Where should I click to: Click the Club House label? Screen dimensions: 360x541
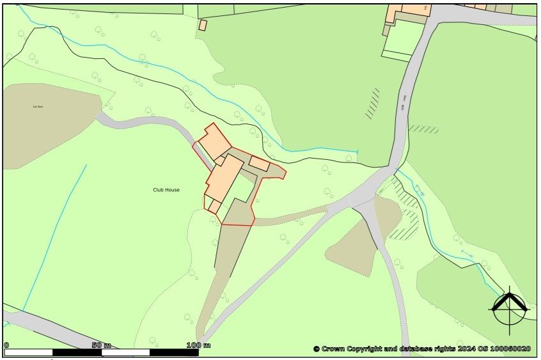[166, 190]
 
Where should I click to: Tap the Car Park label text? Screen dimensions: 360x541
[37, 107]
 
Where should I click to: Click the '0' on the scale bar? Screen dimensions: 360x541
[6, 345]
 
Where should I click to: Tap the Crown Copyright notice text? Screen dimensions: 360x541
[422, 348]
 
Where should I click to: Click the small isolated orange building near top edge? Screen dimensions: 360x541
[203, 25]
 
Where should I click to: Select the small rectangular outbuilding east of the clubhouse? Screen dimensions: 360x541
[259, 163]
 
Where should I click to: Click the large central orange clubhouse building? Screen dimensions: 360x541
[223, 179]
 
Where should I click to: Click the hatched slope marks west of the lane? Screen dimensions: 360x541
[372, 104]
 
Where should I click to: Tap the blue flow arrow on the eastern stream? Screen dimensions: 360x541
[420, 190]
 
